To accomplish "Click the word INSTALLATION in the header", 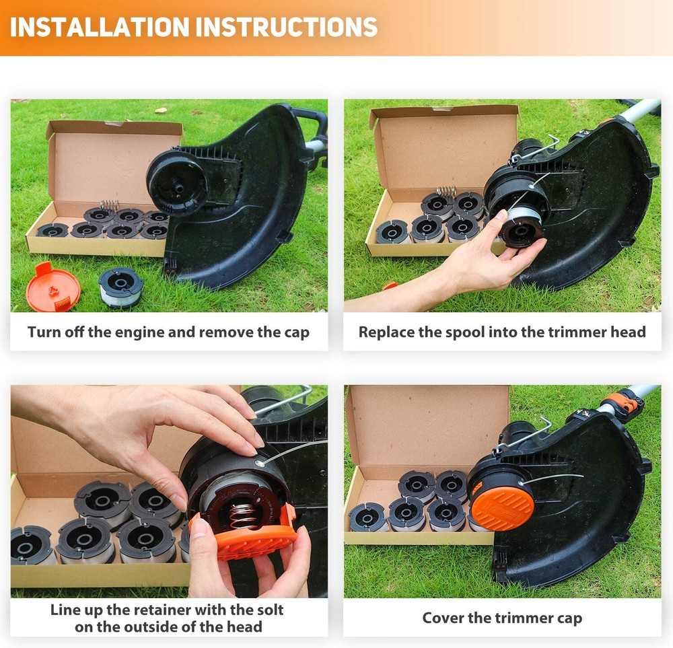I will [x=98, y=26].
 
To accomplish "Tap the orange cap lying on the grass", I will [x=53, y=287].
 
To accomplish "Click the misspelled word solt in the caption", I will [x=266, y=610].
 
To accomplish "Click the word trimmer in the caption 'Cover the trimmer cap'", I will [x=520, y=618].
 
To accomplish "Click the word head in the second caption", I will [x=629, y=332].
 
